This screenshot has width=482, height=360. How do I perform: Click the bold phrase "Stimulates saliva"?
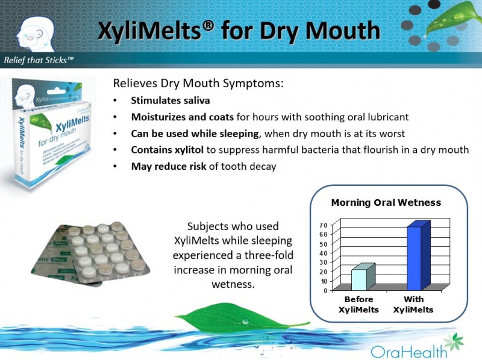pos(171,101)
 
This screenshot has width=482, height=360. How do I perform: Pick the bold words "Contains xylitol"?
pos(168,150)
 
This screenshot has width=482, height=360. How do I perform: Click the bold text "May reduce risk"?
pos(168,166)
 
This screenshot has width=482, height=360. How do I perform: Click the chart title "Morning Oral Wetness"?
pos(386,202)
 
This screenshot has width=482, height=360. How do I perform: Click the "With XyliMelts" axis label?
pos(414,305)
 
